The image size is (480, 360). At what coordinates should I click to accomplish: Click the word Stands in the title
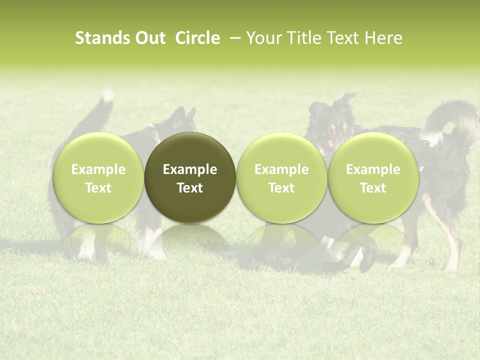[x=101, y=38]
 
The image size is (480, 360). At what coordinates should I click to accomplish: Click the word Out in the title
[x=149, y=38]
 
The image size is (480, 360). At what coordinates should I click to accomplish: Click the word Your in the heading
[x=263, y=38]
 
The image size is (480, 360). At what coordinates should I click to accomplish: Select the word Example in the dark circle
[x=190, y=169]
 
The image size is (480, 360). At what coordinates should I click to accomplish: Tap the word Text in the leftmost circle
[x=98, y=188]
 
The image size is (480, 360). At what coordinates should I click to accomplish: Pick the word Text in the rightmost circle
[x=373, y=188]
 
